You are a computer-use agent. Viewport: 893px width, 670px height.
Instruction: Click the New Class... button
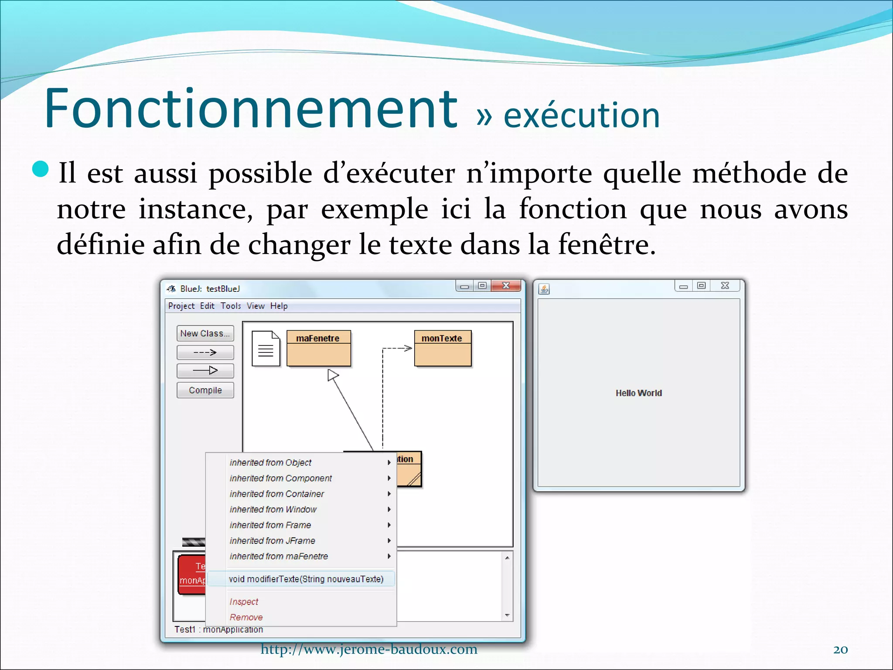click(x=205, y=333)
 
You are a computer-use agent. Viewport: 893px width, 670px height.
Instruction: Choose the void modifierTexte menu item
click(x=306, y=579)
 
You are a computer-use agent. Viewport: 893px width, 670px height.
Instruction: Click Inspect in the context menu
click(x=244, y=602)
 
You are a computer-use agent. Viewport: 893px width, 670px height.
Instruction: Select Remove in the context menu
click(x=246, y=617)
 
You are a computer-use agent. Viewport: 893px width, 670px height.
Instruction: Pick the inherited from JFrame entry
click(x=272, y=540)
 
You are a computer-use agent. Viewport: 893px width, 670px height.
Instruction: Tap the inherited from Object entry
click(x=270, y=462)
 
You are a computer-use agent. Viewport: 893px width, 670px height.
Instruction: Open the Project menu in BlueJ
click(x=181, y=306)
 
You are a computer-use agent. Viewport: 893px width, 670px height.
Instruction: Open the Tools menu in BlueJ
click(x=230, y=306)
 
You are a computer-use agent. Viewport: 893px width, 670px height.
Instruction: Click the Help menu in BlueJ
click(x=279, y=306)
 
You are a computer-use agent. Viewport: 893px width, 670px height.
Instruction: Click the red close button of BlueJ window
click(x=506, y=286)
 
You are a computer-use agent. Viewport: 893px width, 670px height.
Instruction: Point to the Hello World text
click(x=638, y=393)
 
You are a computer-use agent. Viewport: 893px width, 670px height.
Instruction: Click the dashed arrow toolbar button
click(x=205, y=352)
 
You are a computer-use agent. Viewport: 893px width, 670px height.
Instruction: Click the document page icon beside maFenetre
click(x=266, y=349)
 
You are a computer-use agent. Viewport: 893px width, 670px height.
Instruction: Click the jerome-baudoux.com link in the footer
click(x=369, y=649)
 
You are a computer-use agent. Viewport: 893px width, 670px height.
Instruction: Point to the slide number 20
click(x=840, y=649)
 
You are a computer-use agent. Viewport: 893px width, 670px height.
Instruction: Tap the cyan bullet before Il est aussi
click(x=41, y=169)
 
